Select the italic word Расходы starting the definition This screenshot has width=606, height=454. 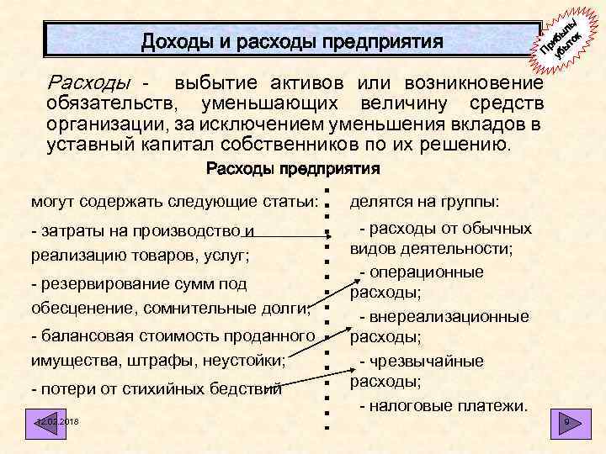[91, 83]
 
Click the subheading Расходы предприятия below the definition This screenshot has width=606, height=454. [293, 169]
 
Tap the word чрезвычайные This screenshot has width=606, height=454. [439, 362]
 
